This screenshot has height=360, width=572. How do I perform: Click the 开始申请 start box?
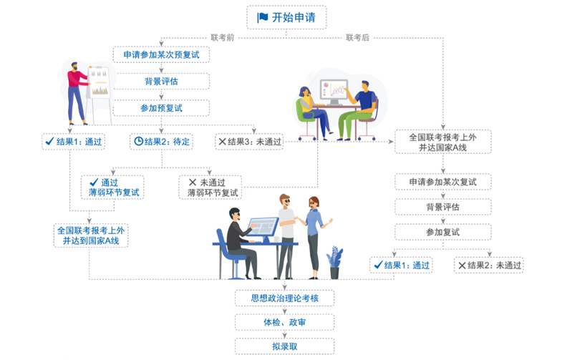pyautogui.click(x=285, y=17)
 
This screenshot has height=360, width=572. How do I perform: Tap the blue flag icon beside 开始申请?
pyautogui.click(x=262, y=17)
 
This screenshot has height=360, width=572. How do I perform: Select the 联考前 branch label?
pyautogui.click(x=223, y=37)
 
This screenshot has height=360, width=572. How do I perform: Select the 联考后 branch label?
pyautogui.click(x=357, y=37)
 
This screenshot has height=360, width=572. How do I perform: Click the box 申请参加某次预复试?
pyautogui.click(x=161, y=54)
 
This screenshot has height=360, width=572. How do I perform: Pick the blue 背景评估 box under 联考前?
pyautogui.click(x=161, y=81)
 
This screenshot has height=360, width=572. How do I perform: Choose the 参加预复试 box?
pyautogui.click(x=161, y=107)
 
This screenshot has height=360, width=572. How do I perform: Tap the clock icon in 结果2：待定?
pyautogui.click(x=138, y=141)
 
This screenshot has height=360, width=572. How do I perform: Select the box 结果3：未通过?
pyautogui.click(x=248, y=141)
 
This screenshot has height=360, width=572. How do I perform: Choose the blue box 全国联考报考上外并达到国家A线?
pyautogui.click(x=90, y=235)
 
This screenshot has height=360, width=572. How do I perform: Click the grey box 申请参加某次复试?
pyautogui.click(x=442, y=182)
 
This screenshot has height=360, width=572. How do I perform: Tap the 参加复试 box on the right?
pyautogui.click(x=442, y=232)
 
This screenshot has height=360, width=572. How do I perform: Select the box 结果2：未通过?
pyautogui.click(x=490, y=266)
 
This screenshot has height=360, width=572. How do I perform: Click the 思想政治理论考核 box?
pyautogui.click(x=284, y=297)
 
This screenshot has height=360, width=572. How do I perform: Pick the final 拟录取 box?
pyautogui.click(x=284, y=346)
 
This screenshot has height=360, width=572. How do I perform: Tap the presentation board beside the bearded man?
pyautogui.click(x=100, y=83)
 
